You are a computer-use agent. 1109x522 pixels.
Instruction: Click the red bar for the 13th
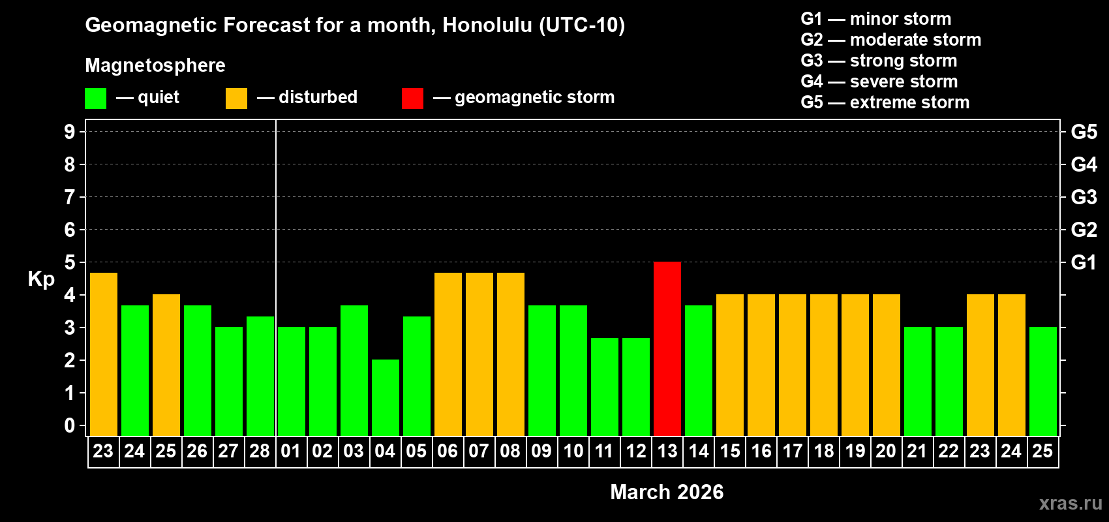click(x=667, y=348)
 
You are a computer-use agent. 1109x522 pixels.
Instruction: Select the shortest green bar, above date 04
click(x=385, y=397)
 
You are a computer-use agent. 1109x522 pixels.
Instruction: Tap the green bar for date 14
click(x=698, y=370)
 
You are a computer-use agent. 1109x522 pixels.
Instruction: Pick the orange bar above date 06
click(x=448, y=354)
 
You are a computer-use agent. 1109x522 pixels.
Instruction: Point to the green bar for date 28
click(x=260, y=376)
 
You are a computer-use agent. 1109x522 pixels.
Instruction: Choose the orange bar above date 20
click(x=886, y=365)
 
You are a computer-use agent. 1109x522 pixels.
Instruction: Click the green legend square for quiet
click(x=95, y=99)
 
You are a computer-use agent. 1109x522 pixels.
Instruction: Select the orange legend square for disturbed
click(x=236, y=99)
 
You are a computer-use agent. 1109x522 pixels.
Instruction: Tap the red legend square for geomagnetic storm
click(x=412, y=99)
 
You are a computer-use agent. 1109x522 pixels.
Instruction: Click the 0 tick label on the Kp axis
click(x=70, y=425)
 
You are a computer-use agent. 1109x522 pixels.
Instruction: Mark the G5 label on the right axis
click(x=1084, y=132)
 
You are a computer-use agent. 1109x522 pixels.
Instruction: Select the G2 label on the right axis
click(x=1084, y=230)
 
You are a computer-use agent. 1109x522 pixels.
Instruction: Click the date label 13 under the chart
click(x=667, y=451)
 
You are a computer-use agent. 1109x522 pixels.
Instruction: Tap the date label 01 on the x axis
click(x=291, y=451)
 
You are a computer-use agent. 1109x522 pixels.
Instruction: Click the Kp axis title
click(x=41, y=279)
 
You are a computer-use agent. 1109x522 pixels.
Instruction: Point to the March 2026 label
click(x=667, y=492)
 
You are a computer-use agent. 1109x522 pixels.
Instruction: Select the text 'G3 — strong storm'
click(x=879, y=61)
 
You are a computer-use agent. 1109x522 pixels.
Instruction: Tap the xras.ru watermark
click(x=1071, y=503)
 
